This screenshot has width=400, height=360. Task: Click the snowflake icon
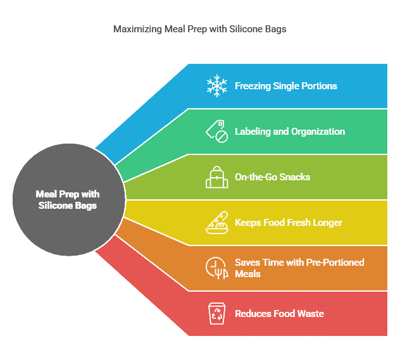point(216,86)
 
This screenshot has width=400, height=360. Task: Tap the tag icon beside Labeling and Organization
point(216,132)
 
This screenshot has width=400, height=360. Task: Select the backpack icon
point(217,177)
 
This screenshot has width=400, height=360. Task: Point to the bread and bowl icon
point(217,223)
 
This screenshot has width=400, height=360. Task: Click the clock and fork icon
point(216,268)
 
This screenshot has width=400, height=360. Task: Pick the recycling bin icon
point(217,314)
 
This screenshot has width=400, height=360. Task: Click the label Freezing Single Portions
point(285,86)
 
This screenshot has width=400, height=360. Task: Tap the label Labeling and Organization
point(290,132)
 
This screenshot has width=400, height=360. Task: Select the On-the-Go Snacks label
point(272,177)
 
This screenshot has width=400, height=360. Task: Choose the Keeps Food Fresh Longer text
point(288,223)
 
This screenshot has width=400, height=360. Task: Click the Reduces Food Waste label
point(279,314)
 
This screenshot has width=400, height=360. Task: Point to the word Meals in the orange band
point(247,274)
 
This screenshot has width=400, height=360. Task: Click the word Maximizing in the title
point(137,29)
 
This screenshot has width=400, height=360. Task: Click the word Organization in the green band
point(318,132)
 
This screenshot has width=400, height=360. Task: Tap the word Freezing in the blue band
point(253,86)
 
